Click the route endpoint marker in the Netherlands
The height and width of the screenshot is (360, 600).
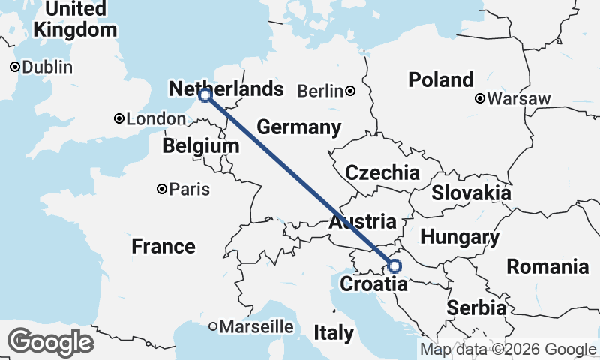[205, 95]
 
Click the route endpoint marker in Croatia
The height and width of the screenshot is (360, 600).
[394, 265]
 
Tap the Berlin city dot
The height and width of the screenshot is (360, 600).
[350, 91]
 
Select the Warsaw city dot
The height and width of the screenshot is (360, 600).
[480, 98]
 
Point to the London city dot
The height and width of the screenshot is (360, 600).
[118, 118]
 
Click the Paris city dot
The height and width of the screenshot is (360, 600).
[161, 189]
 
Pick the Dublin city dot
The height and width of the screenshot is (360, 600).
[14, 67]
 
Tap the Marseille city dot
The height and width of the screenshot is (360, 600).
[213, 326]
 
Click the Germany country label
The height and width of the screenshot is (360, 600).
[298, 127]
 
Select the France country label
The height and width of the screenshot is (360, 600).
[163, 246]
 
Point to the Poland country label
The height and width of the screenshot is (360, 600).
[440, 79]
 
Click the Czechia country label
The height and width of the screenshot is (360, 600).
[382, 173]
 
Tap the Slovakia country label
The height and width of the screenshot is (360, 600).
[471, 193]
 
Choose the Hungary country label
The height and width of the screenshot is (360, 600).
[459, 238]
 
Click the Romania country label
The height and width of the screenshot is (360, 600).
[547, 266]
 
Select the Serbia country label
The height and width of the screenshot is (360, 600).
[475, 307]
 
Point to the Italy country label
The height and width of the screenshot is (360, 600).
[334, 333]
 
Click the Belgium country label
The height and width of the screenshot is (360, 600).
[200, 146]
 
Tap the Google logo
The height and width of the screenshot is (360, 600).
[51, 342]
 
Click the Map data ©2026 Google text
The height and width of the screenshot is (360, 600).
[508, 349]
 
